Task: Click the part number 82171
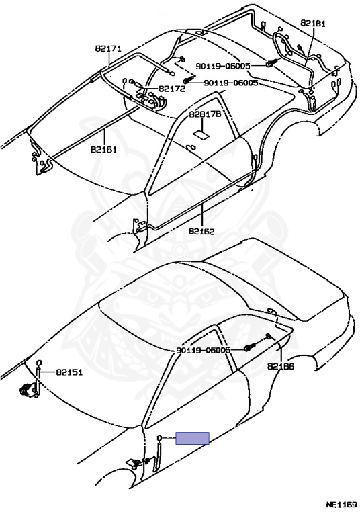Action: point(108,48)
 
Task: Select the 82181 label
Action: point(313,23)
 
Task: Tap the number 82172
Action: point(172,89)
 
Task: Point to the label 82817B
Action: point(205,114)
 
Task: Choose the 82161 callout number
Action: point(104,149)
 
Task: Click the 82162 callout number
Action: point(201,231)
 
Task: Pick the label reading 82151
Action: point(69,372)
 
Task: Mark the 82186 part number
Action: point(281,366)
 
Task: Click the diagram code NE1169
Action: point(341,505)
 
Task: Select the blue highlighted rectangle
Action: point(193,438)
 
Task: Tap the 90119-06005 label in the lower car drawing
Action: point(204,350)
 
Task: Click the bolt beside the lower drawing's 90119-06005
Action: point(249,347)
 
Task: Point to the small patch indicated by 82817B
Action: point(200,134)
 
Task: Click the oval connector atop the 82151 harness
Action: point(38,363)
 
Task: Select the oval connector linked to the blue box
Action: point(160,438)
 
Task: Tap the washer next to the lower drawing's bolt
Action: point(268,336)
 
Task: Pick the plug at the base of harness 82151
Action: point(27,389)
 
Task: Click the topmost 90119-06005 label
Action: point(223,66)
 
